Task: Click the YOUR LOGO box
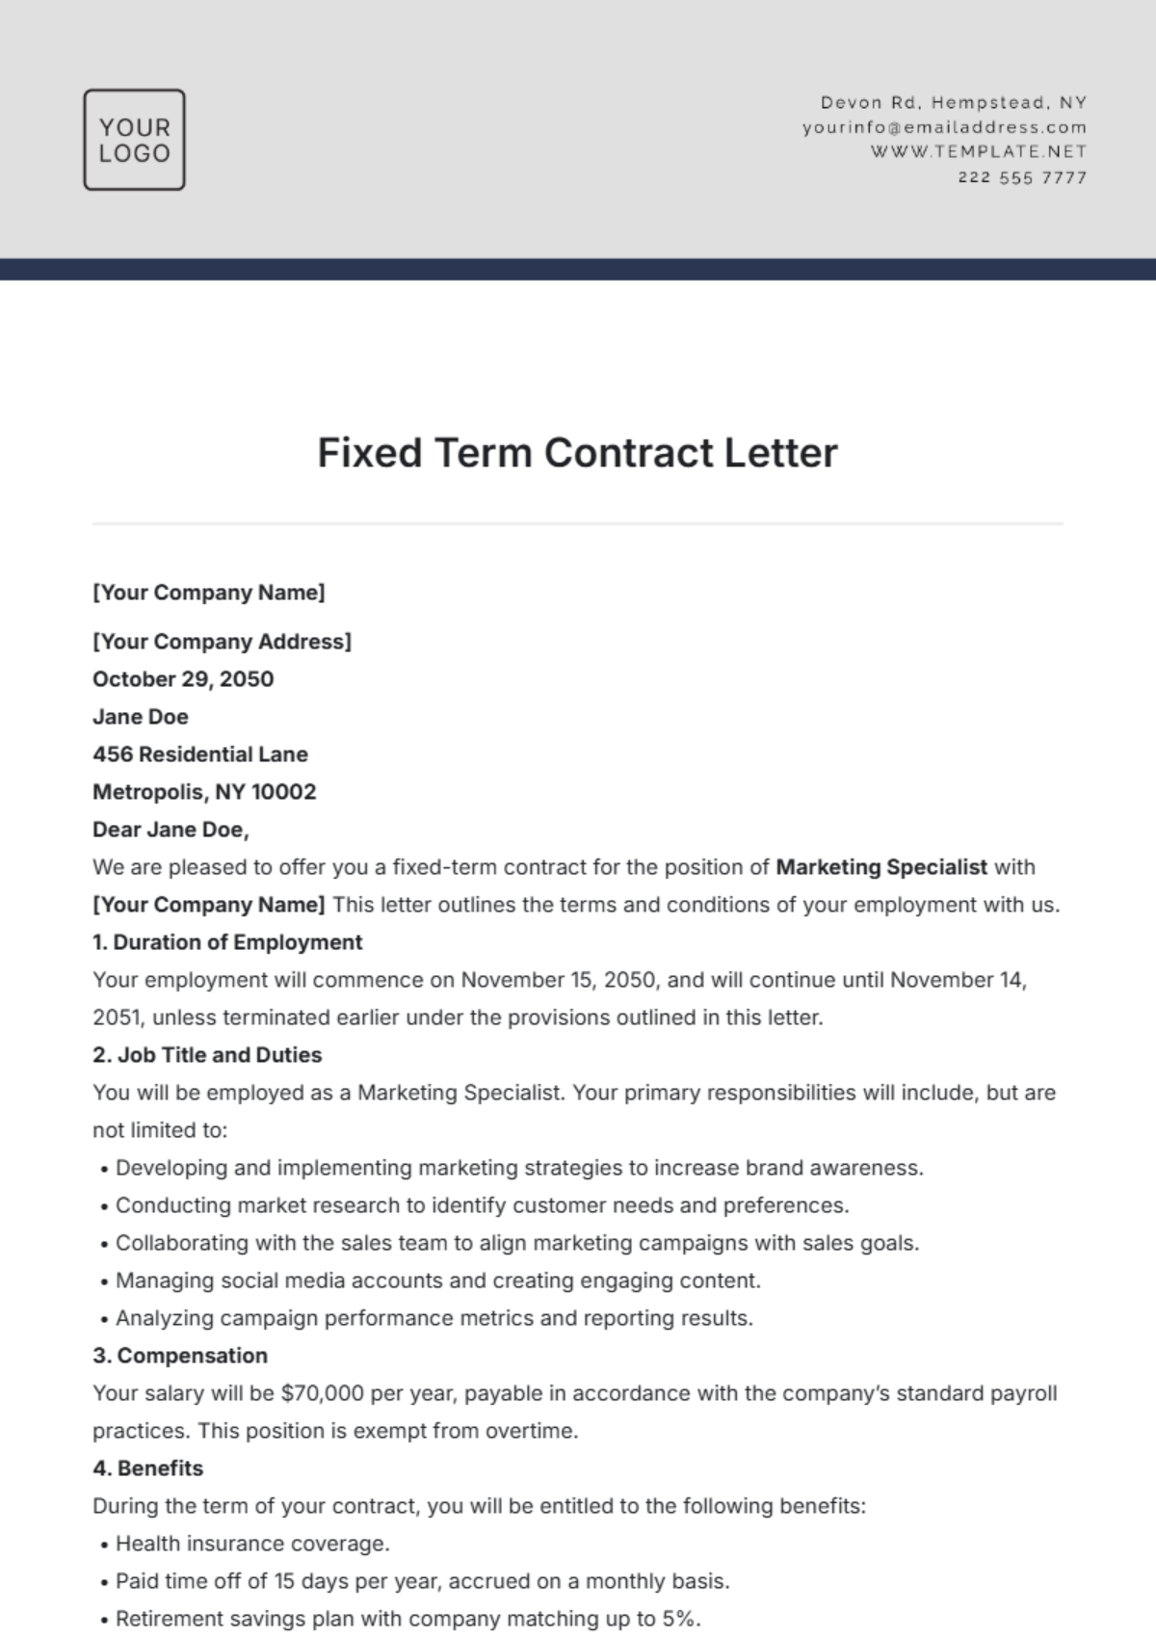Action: tap(134, 140)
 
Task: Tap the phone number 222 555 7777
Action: tap(1022, 177)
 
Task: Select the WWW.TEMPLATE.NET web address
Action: tap(979, 151)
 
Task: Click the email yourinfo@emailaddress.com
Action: tap(944, 127)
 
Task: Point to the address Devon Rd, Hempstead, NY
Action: tap(953, 102)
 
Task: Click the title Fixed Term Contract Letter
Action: tap(578, 453)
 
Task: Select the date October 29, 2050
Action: tap(183, 679)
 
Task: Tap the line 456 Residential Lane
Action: tap(200, 754)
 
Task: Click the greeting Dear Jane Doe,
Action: tap(171, 830)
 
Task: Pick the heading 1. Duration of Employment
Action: tap(227, 942)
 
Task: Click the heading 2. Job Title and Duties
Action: tap(207, 1055)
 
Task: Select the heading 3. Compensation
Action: tap(180, 1356)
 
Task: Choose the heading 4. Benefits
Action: tap(147, 1468)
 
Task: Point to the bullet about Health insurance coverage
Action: tap(252, 1544)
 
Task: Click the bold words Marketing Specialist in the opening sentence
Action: tap(881, 867)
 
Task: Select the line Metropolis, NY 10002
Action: tap(204, 792)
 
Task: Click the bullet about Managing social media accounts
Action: tap(438, 1281)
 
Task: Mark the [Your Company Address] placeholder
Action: tap(222, 642)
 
